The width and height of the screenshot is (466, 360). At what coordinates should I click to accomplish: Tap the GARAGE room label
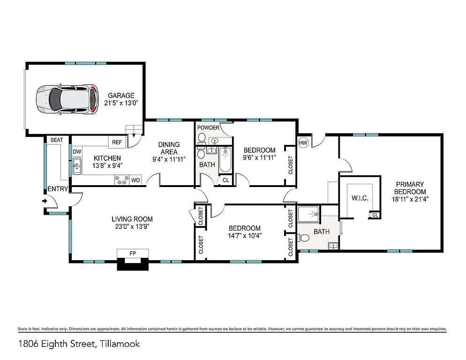point(121,95)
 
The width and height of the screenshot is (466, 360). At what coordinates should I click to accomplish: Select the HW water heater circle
point(303,142)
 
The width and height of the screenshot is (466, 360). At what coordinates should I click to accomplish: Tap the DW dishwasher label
point(77,152)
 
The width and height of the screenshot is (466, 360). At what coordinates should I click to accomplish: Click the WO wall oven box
point(135,180)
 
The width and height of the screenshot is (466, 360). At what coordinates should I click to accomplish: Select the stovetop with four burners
point(122,180)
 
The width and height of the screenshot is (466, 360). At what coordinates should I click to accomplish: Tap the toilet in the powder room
point(202,138)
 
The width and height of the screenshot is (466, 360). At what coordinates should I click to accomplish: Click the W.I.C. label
point(360,198)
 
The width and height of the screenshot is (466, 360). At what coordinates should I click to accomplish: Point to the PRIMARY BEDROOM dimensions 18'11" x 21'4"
point(410,199)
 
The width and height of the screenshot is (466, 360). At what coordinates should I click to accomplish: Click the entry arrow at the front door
point(45,201)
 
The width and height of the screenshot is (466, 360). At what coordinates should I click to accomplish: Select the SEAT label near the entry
point(57,140)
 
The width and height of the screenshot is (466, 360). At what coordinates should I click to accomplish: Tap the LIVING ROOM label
point(132,219)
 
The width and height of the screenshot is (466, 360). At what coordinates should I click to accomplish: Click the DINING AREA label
point(169,148)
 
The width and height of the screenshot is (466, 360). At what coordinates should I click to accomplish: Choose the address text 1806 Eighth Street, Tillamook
point(79,344)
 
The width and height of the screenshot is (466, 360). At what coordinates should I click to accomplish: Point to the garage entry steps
point(132,130)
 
